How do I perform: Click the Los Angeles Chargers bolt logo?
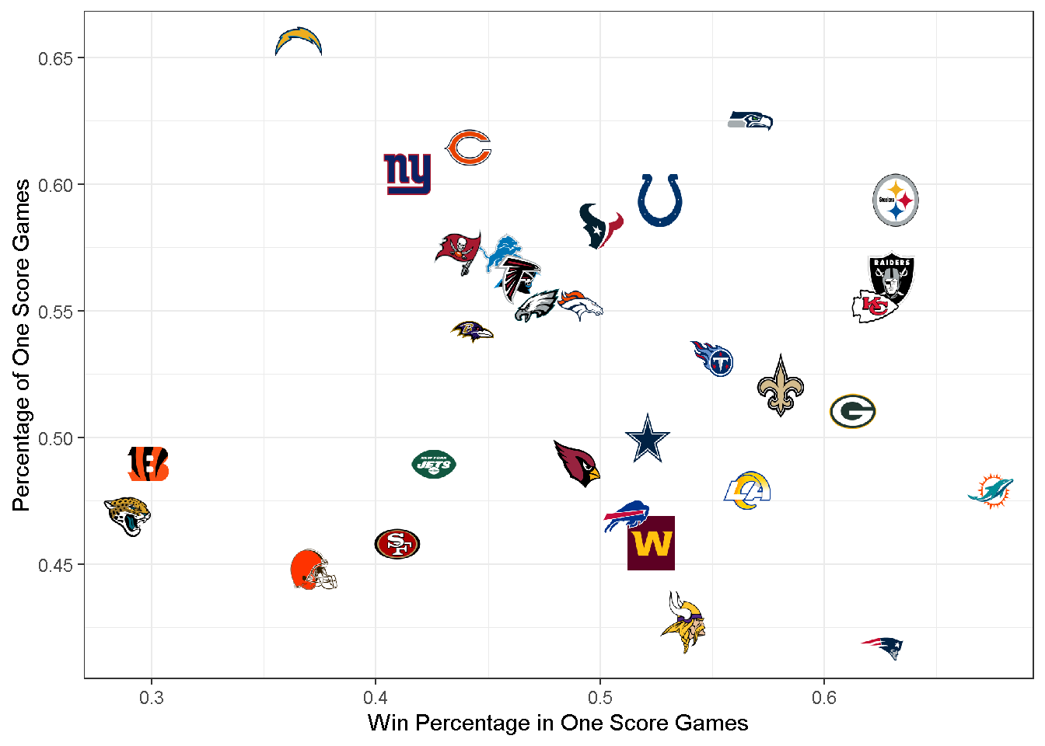coord(299,41)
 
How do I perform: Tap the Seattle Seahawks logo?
coord(750,120)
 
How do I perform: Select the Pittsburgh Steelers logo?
coord(896,200)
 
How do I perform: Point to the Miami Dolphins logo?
coord(991,490)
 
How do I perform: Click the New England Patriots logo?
coord(882,647)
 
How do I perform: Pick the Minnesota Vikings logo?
coord(684,622)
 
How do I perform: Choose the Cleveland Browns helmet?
coord(313,570)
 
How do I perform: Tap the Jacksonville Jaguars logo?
coord(128,515)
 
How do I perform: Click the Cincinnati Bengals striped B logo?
coord(148,464)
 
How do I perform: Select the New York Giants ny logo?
coord(407,173)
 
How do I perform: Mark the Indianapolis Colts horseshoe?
coord(659,200)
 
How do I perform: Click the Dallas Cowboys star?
coord(648,439)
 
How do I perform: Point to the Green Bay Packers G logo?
coord(853,411)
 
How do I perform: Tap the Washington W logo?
coord(652,543)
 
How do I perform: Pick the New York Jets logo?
coord(434,464)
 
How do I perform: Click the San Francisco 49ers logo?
coord(397,544)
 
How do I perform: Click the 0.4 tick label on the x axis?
coord(376,698)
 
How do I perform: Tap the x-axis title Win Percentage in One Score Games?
coord(557,723)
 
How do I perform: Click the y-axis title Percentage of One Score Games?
coord(21,345)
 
